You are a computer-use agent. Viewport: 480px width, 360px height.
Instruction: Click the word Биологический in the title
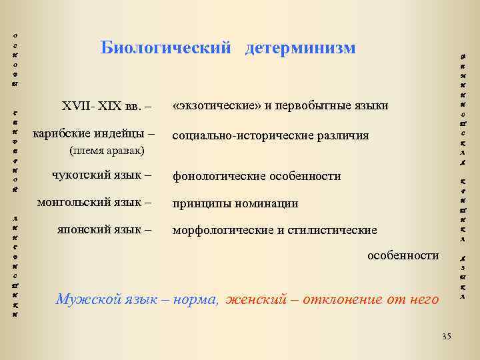pos(166,48)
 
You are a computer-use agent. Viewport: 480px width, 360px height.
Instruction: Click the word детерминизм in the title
pos(300,48)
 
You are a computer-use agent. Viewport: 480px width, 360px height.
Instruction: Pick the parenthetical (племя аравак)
pos(107,151)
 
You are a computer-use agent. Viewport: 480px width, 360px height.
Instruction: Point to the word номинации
pos(271,203)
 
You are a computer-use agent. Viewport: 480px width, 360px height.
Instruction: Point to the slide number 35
pos(447,336)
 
